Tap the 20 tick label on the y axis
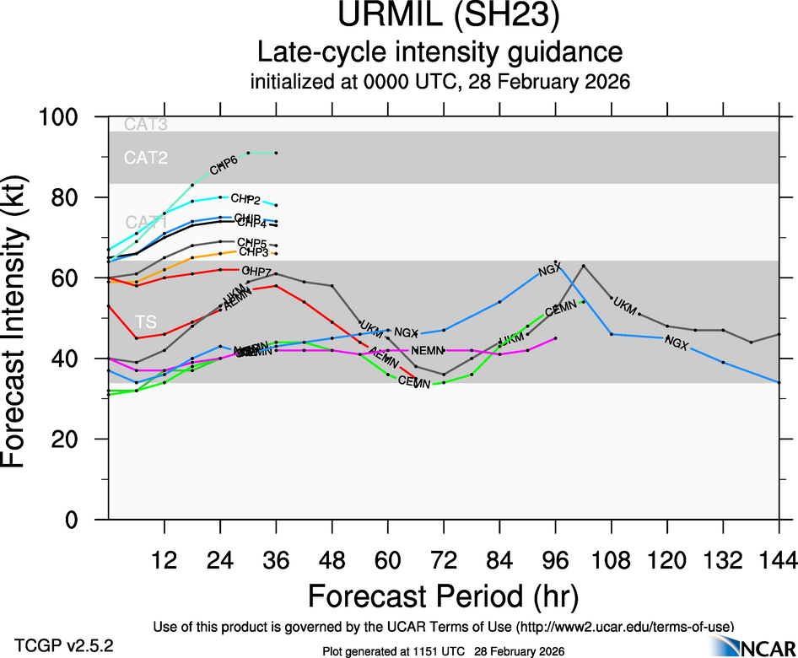76,440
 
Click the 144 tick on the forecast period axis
779,559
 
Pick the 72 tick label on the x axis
444,559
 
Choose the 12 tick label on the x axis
164,559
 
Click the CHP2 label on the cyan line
245,199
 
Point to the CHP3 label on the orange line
253,251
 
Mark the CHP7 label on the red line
256,271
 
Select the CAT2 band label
146,158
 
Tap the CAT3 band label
146,125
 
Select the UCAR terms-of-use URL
625,626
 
